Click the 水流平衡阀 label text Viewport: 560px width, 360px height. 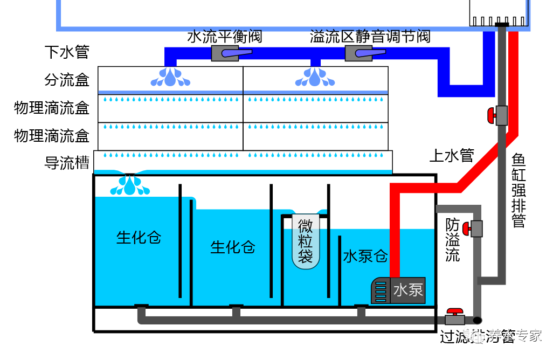[x=225, y=37]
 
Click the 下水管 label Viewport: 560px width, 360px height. [x=66, y=52]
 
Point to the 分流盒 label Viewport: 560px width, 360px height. [x=66, y=80]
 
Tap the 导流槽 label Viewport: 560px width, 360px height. [x=66, y=163]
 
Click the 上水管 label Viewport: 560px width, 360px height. [x=451, y=156]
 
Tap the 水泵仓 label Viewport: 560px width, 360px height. [x=365, y=256]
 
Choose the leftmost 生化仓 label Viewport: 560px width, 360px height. [x=139, y=237]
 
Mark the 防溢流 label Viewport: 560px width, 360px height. [x=453, y=240]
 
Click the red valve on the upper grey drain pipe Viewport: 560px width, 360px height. [x=498, y=115]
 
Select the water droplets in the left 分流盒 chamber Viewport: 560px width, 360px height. [x=170, y=77]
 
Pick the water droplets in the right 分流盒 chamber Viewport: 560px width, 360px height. [x=315, y=77]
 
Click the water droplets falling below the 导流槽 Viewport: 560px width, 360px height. [x=130, y=185]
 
